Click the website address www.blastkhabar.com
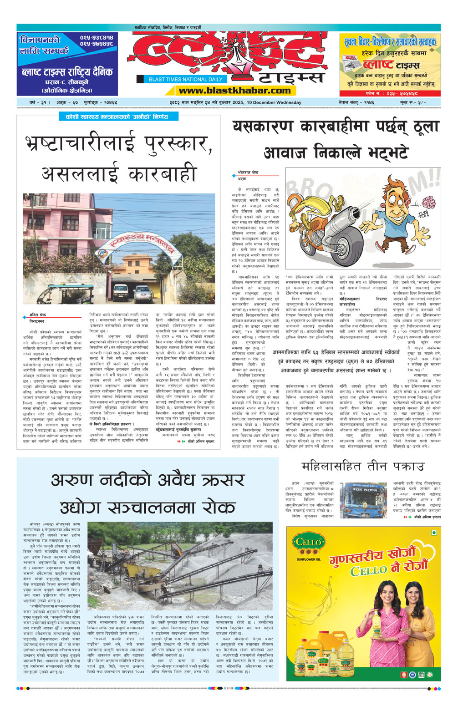[234, 90]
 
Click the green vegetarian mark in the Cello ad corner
[433, 533]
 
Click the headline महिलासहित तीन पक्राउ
[363, 467]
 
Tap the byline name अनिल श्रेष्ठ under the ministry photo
[37, 315]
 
